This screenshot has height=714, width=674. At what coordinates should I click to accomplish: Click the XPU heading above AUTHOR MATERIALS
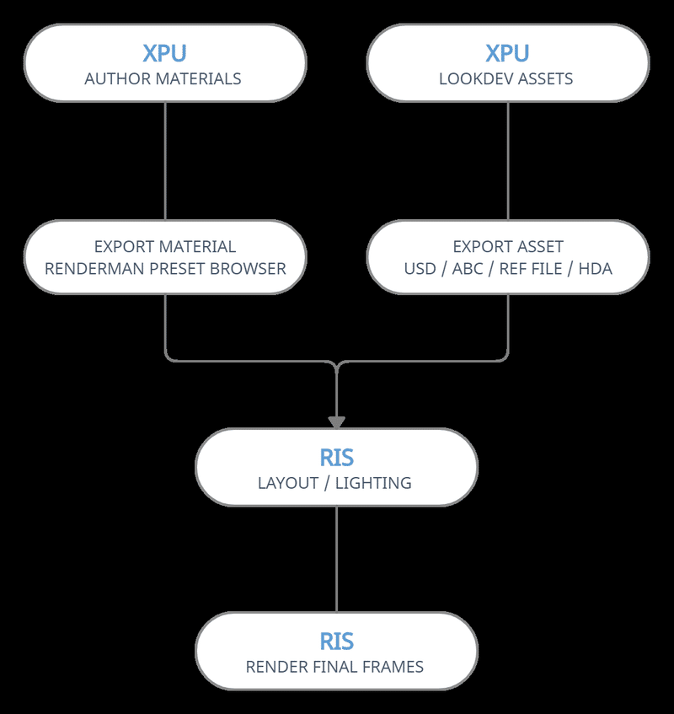coord(164,52)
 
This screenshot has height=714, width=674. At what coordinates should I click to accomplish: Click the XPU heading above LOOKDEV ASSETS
coord(507,52)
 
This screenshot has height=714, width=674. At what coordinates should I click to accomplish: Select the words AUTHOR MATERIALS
coord(163,79)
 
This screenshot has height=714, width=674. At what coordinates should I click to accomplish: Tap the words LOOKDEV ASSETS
coord(506,79)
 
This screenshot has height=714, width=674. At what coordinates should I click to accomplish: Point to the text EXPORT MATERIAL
coord(165,247)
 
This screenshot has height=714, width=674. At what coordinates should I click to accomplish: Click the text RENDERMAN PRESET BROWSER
coord(165,270)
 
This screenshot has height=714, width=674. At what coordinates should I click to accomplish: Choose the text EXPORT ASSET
coord(507,247)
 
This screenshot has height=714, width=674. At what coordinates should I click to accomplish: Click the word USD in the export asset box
coord(420,270)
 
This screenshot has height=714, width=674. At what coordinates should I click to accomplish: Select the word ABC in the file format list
coord(467,270)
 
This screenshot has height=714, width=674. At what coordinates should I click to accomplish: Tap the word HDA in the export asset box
coord(595,270)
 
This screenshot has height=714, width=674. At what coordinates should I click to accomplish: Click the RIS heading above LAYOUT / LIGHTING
coord(336,458)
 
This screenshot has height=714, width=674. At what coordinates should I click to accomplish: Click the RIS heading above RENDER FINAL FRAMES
coord(336,642)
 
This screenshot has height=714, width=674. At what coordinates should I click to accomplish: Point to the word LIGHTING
coord(373,484)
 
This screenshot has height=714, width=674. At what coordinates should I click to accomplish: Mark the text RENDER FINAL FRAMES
coord(334,668)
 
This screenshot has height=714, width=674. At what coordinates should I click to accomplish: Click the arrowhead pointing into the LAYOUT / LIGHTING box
coord(336,421)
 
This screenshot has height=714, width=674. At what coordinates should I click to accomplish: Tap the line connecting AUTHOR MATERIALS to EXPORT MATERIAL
coord(164,160)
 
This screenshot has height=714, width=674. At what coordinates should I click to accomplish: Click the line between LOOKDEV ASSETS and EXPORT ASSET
coord(507,160)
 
